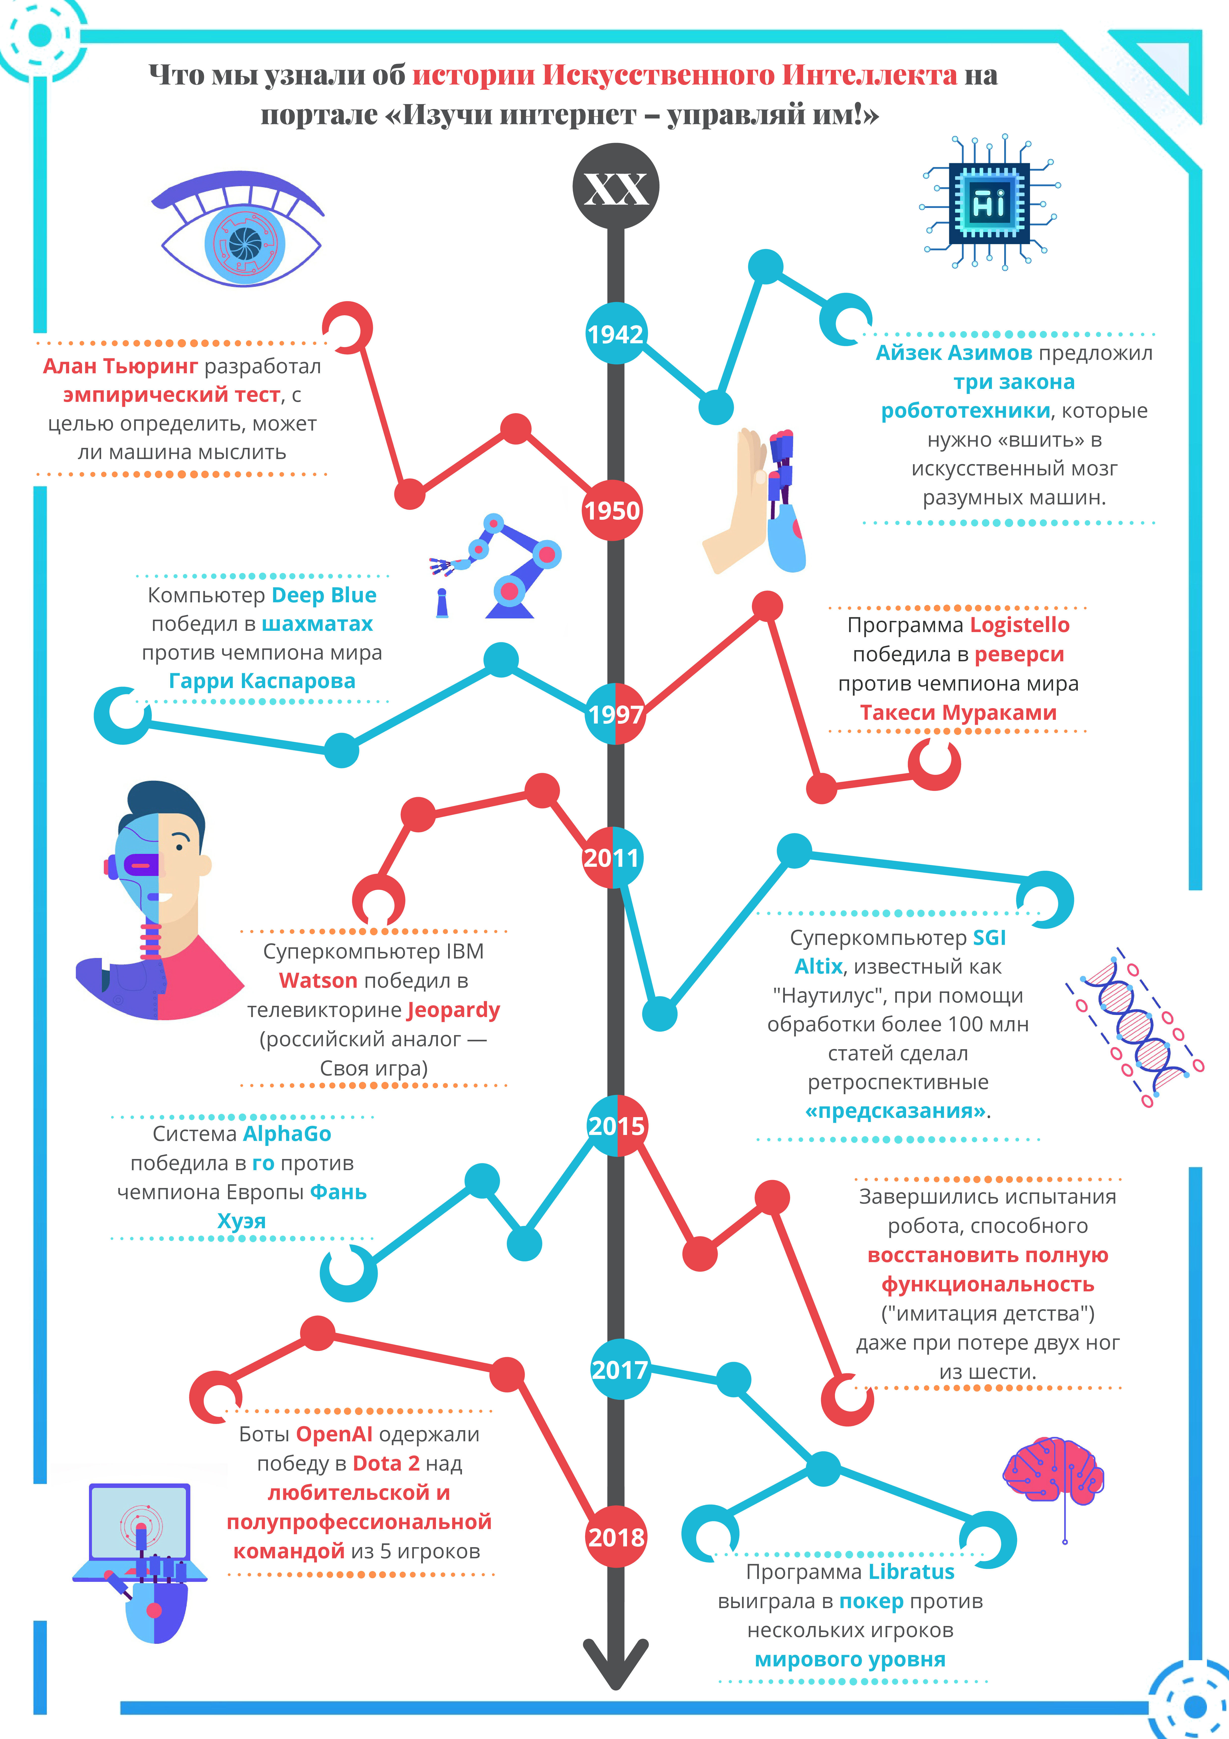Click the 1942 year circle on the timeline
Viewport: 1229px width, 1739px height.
(x=616, y=333)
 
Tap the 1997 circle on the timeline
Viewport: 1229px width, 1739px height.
(x=616, y=714)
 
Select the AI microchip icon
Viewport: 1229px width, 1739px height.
(x=989, y=203)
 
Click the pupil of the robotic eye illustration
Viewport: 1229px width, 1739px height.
(x=245, y=242)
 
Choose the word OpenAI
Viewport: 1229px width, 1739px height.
(x=334, y=1435)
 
